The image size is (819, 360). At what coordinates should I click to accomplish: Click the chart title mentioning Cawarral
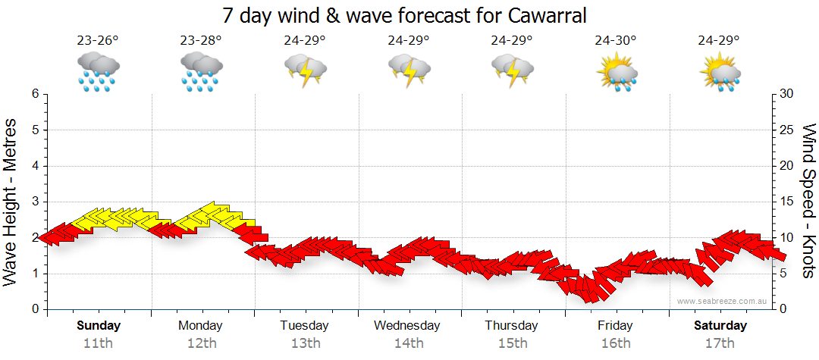(405, 15)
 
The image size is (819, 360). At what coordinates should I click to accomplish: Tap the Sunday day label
(99, 326)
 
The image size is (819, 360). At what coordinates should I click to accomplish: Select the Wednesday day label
(407, 326)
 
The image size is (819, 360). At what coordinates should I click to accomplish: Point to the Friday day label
(615, 326)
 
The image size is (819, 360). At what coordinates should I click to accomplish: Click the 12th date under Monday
(201, 343)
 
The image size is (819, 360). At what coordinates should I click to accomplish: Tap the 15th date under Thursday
(513, 343)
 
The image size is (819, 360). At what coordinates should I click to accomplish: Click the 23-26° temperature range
(98, 41)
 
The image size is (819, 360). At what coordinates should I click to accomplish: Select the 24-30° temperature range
(616, 41)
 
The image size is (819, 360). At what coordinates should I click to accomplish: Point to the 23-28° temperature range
(201, 41)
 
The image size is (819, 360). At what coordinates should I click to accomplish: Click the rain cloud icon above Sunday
(98, 71)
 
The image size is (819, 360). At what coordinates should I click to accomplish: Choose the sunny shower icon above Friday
(616, 71)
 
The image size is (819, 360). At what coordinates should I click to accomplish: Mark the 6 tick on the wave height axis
(34, 94)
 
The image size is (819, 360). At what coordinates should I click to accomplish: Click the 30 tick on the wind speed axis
(787, 94)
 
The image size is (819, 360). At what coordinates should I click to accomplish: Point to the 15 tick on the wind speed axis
(787, 202)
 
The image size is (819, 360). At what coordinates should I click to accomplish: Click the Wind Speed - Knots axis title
(808, 202)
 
